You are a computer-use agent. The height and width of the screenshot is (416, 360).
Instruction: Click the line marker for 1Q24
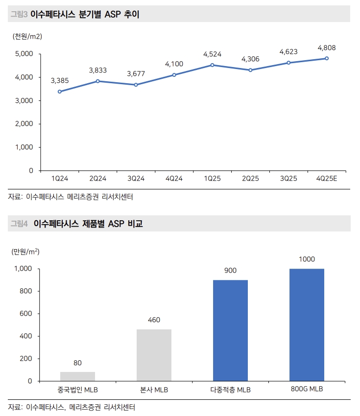(x=59, y=92)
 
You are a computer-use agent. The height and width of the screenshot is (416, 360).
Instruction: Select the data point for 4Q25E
(x=327, y=58)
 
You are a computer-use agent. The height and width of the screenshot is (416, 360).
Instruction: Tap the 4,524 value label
(x=212, y=54)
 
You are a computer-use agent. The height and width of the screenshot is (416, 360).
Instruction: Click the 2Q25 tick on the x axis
(x=250, y=179)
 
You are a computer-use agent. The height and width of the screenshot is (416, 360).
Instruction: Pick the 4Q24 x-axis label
(x=174, y=179)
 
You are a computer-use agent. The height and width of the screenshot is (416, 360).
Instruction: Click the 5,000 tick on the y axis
(x=23, y=54)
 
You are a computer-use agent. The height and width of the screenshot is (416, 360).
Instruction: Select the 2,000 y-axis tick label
(x=23, y=124)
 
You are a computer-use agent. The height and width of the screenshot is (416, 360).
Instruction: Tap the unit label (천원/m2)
(x=27, y=36)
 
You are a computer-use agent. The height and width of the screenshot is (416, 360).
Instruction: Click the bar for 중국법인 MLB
(x=77, y=376)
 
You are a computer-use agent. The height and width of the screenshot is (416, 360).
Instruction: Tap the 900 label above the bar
(x=230, y=271)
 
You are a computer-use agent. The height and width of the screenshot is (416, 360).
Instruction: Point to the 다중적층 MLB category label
(x=230, y=390)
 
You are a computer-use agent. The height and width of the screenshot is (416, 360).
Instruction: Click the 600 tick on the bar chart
(x=26, y=314)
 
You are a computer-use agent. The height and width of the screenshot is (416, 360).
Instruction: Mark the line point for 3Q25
(x=288, y=63)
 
